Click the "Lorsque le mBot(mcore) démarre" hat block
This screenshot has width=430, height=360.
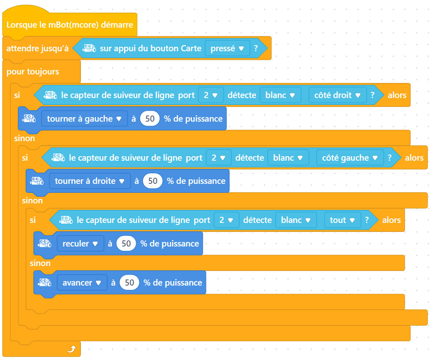coord(69,25)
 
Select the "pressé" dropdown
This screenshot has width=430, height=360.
coord(227,48)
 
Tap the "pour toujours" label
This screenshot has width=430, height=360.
coord(33,72)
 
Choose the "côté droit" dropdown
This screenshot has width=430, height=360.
coord(337,95)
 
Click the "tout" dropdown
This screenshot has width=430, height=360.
coord(342,220)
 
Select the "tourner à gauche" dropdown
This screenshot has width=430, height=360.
coord(85,119)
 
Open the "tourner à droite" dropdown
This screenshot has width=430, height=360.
coord(89,181)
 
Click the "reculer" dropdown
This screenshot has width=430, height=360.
coord(80,244)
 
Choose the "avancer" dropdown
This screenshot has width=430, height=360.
coord(82,283)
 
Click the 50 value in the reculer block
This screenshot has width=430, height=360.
coord(126,244)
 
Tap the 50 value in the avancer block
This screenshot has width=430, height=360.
coord(129,283)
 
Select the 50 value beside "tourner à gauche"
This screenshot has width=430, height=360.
coord(150,119)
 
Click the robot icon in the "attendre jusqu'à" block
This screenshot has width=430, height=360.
coord(89,48)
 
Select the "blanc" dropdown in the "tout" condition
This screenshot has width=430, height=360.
coord(295,220)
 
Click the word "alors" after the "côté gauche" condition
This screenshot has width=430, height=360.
coord(414,157)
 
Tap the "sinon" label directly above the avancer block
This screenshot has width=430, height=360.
coord(40,263)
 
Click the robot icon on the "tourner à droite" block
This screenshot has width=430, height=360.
coord(37,181)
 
